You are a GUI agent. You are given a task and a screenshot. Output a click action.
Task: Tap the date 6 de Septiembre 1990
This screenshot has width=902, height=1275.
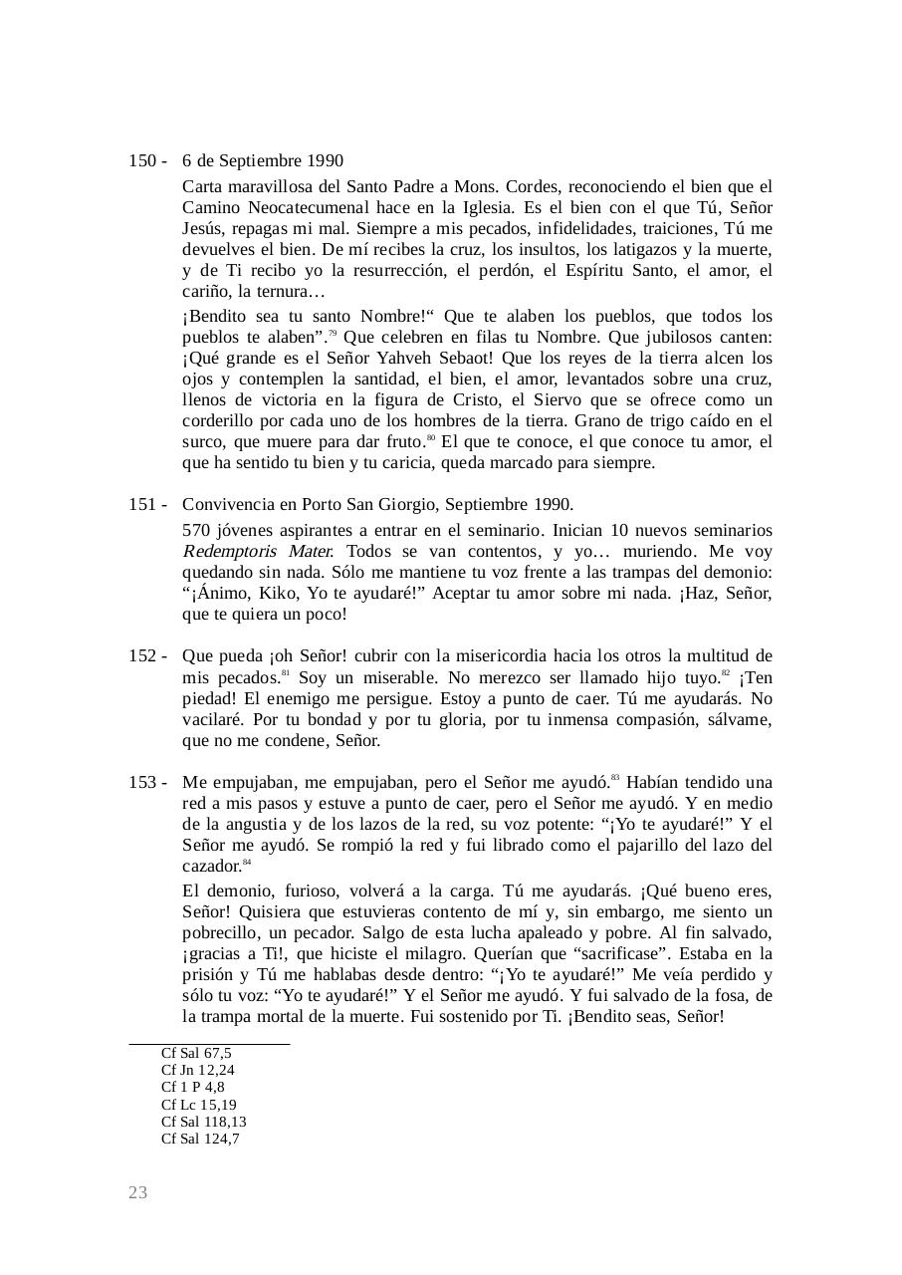pyautogui.click(x=263, y=161)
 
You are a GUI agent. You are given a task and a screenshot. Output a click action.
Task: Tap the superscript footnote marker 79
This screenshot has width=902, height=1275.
pyautogui.click(x=333, y=333)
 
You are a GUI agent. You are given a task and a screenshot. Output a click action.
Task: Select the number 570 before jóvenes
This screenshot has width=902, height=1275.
pyautogui.click(x=196, y=530)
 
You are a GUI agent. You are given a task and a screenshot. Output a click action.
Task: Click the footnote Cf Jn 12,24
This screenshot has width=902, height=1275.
pyautogui.click(x=198, y=1070)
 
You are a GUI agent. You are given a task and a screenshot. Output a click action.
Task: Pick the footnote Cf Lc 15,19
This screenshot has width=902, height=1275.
pyautogui.click(x=199, y=1105)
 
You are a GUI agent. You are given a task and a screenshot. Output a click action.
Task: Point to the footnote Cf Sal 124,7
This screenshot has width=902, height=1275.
pyautogui.click(x=200, y=1139)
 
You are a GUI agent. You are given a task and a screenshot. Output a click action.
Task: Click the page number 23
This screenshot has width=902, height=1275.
pyautogui.click(x=137, y=1192)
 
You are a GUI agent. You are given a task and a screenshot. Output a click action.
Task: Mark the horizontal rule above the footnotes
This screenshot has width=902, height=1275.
pyautogui.click(x=209, y=1043)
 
